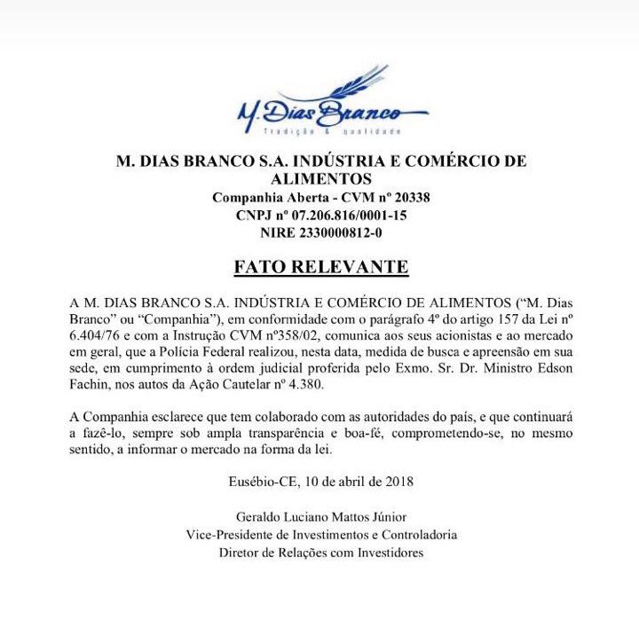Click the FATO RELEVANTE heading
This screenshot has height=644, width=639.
(320, 266)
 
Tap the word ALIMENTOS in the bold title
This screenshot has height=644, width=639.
(321, 179)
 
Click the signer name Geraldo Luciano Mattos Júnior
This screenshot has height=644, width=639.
(321, 517)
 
